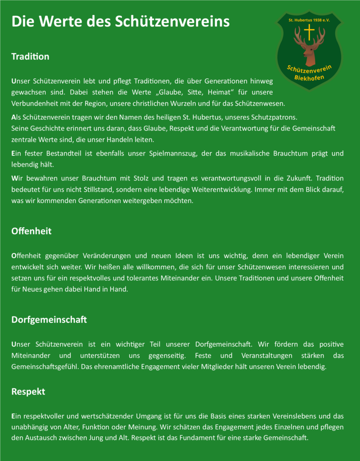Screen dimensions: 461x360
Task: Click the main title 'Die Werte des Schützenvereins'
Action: pos(120,22)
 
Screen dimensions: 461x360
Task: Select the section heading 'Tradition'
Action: pos(30,57)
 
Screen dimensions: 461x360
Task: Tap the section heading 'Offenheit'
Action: pos(31,231)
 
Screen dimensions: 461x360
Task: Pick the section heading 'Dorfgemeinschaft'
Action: pos(49,320)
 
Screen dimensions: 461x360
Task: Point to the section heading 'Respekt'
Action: pos(28,392)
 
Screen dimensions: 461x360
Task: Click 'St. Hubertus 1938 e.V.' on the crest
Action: pos(309,20)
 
